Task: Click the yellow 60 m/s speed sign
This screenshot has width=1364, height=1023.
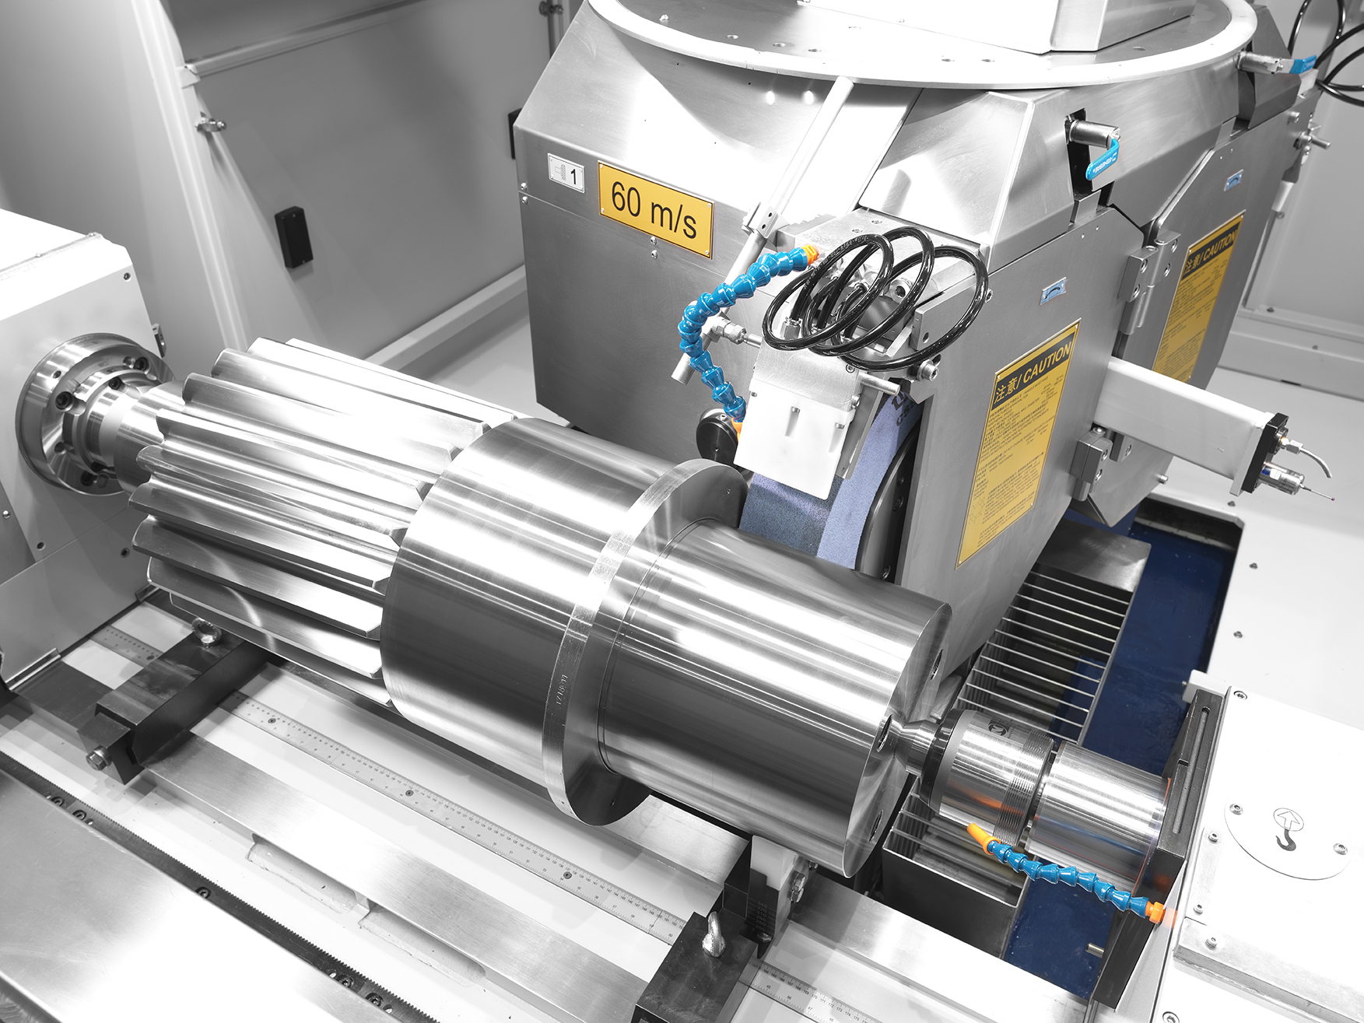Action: (x=655, y=208)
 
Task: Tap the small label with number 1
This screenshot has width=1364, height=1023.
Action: (x=566, y=172)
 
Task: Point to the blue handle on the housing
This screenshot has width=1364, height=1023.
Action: (x=1103, y=160)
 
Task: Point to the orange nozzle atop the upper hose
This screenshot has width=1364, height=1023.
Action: (x=810, y=252)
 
